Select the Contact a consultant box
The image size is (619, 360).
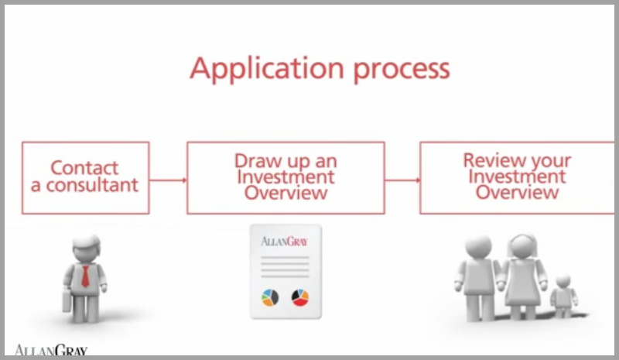pos(85,177)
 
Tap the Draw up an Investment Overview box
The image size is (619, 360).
pos(286,177)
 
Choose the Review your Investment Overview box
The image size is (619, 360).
pos(517,177)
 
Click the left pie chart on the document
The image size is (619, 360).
pos(270,297)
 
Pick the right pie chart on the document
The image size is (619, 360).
pos(299,297)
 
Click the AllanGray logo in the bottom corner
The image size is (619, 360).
pos(51,351)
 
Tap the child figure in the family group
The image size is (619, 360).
pos(563,294)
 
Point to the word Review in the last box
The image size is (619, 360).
pos(489,161)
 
